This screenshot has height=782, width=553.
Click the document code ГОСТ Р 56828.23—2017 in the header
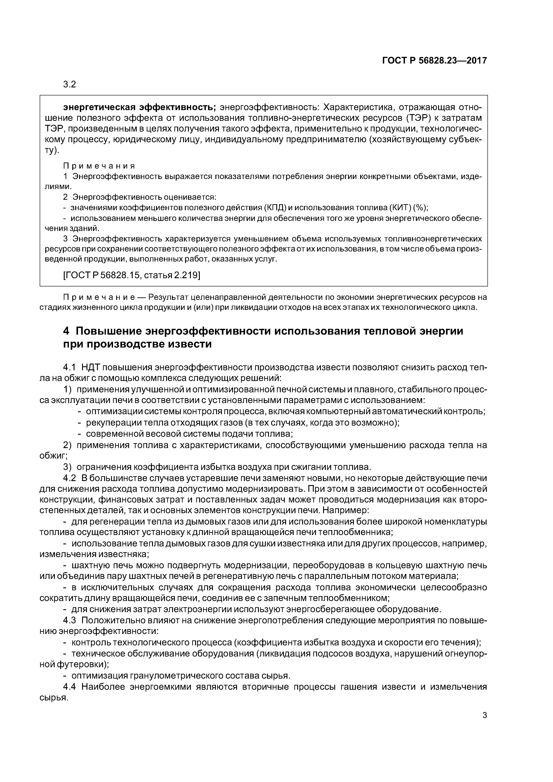tap(434, 61)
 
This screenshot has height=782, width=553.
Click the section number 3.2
tap(70, 84)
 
